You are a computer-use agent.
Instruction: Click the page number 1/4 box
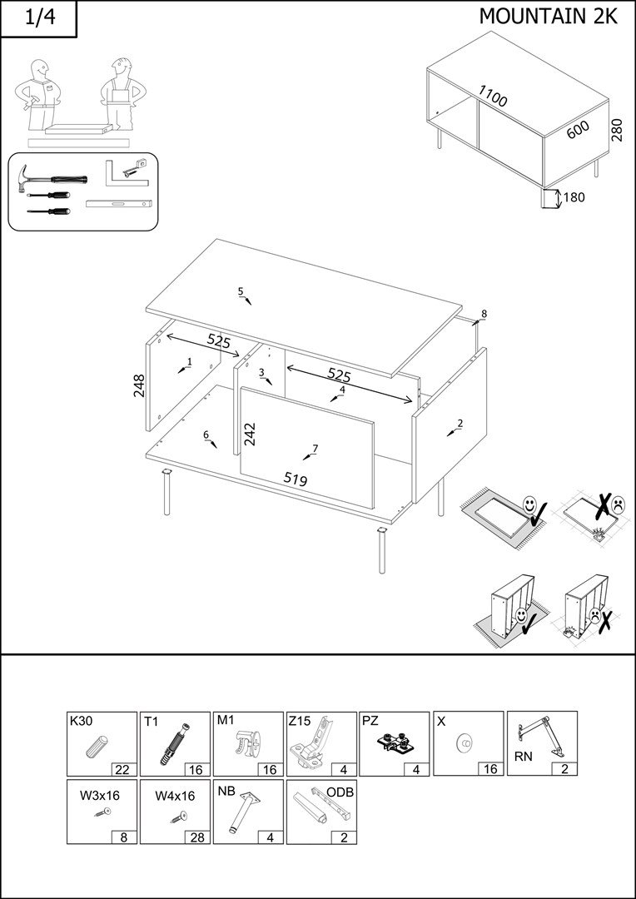38,19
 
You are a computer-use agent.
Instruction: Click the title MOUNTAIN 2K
548,16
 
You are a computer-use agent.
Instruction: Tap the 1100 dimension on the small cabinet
492,96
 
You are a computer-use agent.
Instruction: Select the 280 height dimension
617,129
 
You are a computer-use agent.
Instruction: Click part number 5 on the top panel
241,291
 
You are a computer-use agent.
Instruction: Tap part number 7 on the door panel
315,449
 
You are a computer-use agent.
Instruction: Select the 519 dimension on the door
296,479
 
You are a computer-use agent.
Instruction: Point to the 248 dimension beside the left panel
139,385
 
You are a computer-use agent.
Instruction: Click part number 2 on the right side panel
460,423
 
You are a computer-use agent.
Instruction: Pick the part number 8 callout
484,314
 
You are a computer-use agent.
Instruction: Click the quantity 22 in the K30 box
123,768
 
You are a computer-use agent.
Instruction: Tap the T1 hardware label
151,722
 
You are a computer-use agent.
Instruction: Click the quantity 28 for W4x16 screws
196,837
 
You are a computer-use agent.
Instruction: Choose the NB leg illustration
245,812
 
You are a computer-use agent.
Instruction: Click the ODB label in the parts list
340,792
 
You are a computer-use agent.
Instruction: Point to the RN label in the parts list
523,757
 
